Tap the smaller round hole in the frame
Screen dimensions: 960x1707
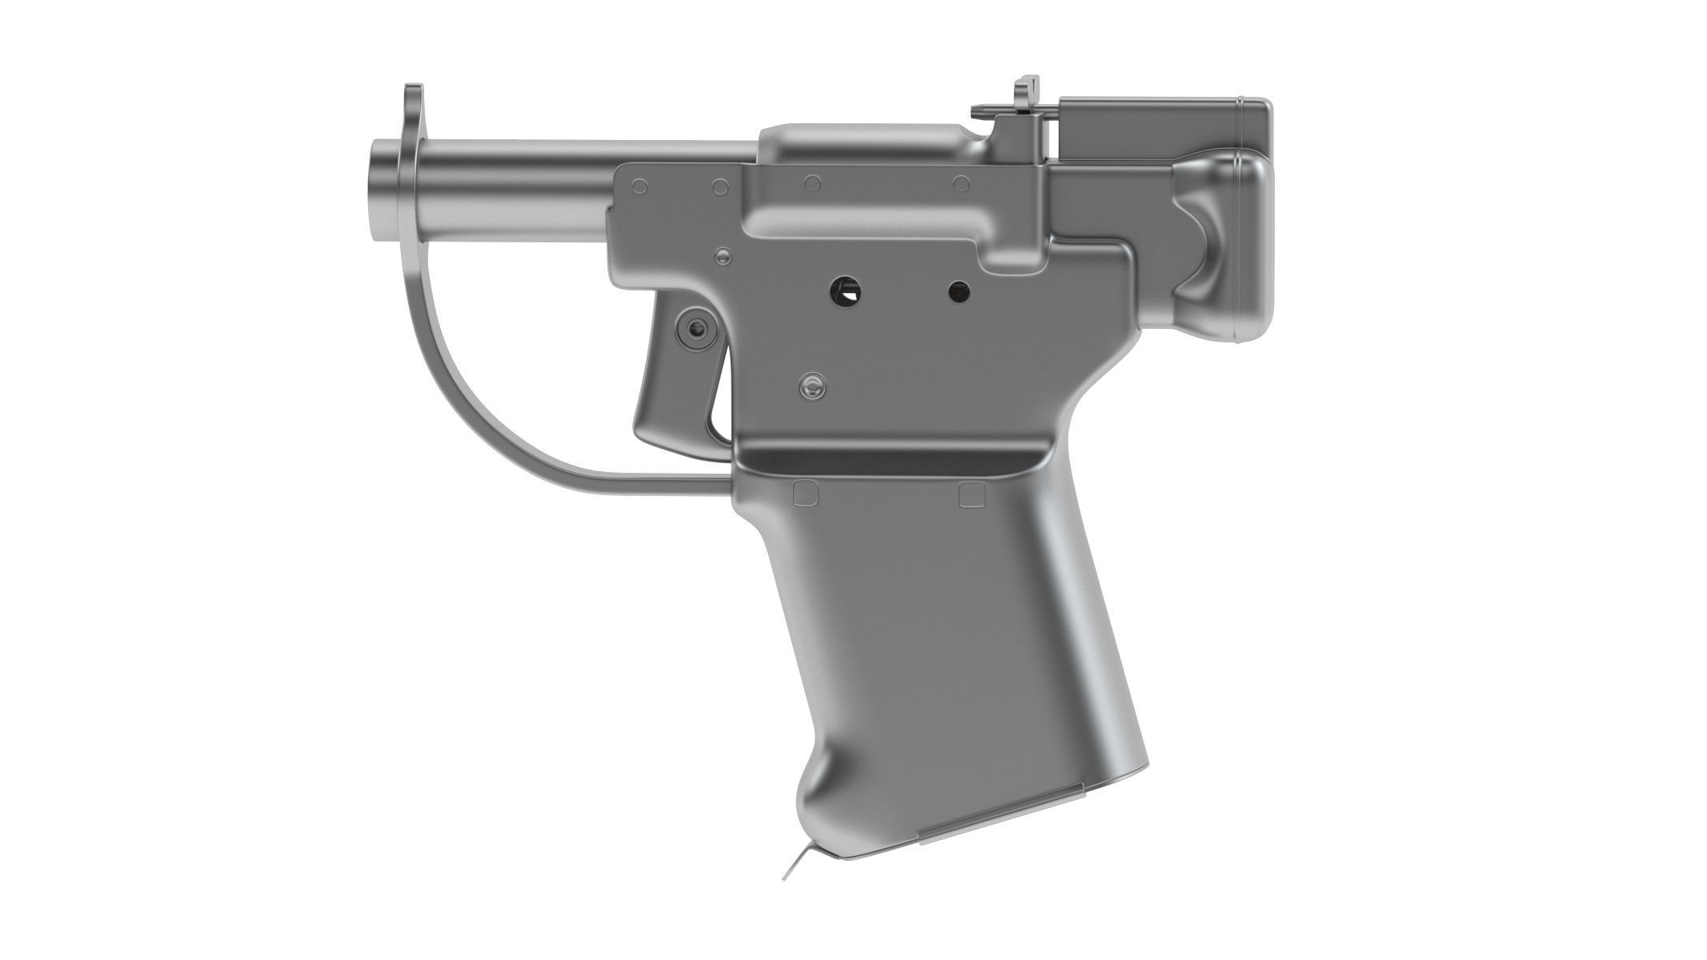point(958,291)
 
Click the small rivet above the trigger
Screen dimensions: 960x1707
point(723,256)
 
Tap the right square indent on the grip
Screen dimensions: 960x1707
point(972,494)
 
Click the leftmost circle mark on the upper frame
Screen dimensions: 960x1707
point(639,187)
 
